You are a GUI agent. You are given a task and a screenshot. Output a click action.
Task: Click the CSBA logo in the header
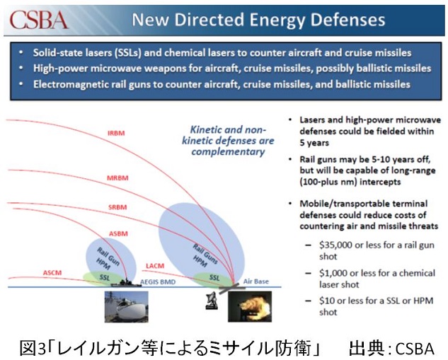(38, 20)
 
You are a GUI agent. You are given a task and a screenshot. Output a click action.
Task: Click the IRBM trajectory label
(116, 133)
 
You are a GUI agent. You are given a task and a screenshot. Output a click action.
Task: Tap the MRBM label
(117, 178)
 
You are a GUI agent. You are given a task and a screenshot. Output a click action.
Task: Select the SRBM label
(117, 207)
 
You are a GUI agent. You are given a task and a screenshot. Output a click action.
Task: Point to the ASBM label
(118, 233)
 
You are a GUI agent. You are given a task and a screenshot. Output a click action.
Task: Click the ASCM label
(52, 272)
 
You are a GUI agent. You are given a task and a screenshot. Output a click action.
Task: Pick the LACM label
(155, 266)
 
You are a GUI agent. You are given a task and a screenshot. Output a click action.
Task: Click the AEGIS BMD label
(158, 282)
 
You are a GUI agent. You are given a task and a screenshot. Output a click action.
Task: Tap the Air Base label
(255, 281)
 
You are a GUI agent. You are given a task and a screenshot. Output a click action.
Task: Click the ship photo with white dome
(126, 307)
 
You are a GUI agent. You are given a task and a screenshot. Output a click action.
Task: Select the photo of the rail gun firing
(250, 307)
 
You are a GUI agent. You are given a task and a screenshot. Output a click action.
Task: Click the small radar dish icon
(212, 301)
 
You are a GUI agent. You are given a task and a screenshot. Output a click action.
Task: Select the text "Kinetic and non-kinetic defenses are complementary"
(228, 141)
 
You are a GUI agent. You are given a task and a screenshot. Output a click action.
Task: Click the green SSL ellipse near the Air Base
(213, 279)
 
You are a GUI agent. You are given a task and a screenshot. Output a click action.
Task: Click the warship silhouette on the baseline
(126, 283)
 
